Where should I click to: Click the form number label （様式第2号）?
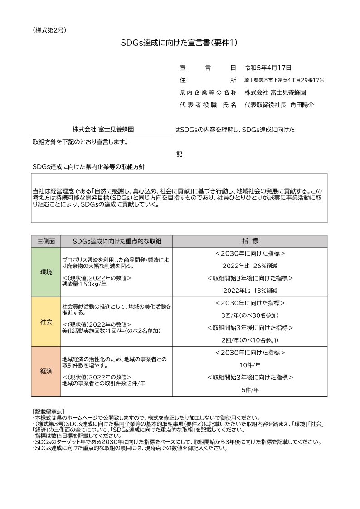(x=50, y=30)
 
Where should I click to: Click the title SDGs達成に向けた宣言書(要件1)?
(x=180, y=43)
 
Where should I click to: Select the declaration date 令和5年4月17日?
(x=268, y=68)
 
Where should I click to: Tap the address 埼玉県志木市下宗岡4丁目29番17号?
(x=284, y=80)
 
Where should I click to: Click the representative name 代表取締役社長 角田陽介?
(x=279, y=105)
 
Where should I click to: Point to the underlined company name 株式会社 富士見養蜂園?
(x=102, y=130)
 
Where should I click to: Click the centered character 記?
(x=180, y=155)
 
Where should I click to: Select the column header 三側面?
(x=46, y=241)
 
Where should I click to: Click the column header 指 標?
(x=250, y=241)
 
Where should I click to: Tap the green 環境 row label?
(x=46, y=272)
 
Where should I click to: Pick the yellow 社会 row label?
(x=46, y=322)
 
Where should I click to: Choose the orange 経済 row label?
(x=46, y=371)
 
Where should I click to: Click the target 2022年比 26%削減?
(x=250, y=266)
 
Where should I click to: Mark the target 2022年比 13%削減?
(x=250, y=291)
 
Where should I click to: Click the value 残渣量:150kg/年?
(x=84, y=284)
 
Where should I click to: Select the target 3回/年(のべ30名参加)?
(x=250, y=315)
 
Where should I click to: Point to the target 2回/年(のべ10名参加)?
(x=250, y=340)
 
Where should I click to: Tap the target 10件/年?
(x=250, y=365)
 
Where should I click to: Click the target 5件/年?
(x=250, y=389)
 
